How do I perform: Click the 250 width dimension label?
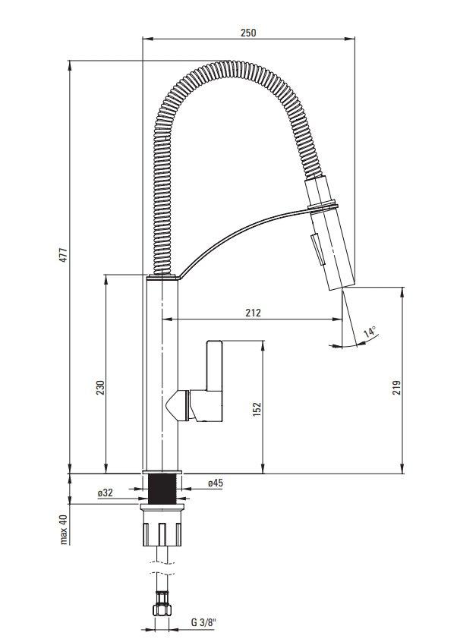[248, 33]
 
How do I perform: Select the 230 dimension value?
[100, 388]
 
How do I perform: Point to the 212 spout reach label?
[253, 313]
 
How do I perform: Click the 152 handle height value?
[257, 409]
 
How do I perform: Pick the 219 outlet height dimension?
[396, 387]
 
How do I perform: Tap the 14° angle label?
[370, 332]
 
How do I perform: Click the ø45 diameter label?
[216, 483]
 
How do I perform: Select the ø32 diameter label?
[106, 493]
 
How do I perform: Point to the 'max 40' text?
[63, 530]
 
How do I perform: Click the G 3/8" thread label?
[203, 623]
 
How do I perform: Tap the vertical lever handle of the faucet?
[215, 365]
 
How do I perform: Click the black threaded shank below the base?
[162, 489]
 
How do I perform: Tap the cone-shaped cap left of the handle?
[177, 405]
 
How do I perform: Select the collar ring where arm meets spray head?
[323, 205]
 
